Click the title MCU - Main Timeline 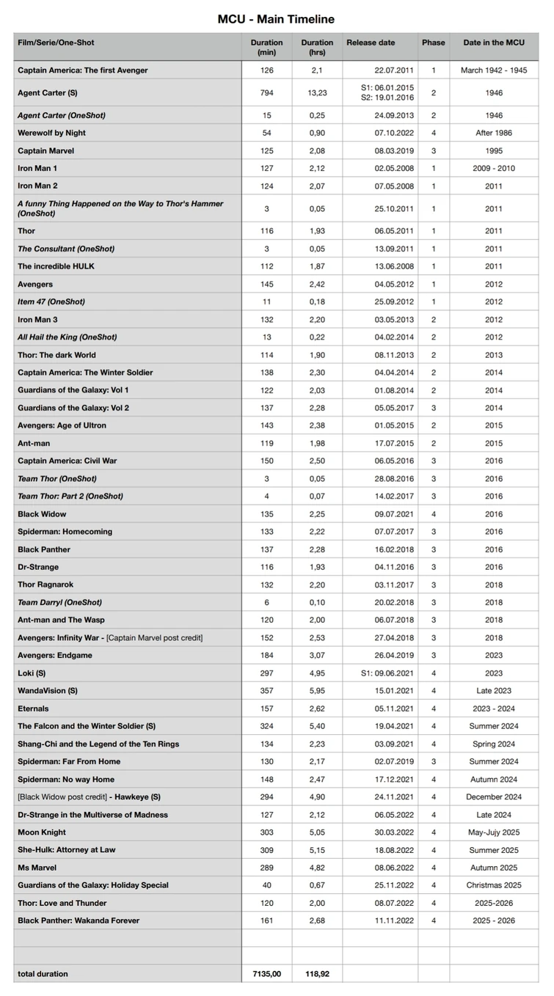click(276, 19)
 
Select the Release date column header click(371, 43)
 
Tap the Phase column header click(433, 43)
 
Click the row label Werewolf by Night click(52, 133)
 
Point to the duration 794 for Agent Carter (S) click(266, 93)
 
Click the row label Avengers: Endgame click(55, 655)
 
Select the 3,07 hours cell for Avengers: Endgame click(317, 655)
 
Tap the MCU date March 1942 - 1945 click(494, 70)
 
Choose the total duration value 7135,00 click(266, 973)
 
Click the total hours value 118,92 click(317, 973)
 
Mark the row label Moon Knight click(42, 832)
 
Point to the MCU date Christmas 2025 click(494, 885)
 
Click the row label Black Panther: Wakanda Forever click(79, 920)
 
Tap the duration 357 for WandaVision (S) click(266, 690)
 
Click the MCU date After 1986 click(494, 133)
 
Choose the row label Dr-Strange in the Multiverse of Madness click(93, 814)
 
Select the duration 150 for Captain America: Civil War click(266, 461)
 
